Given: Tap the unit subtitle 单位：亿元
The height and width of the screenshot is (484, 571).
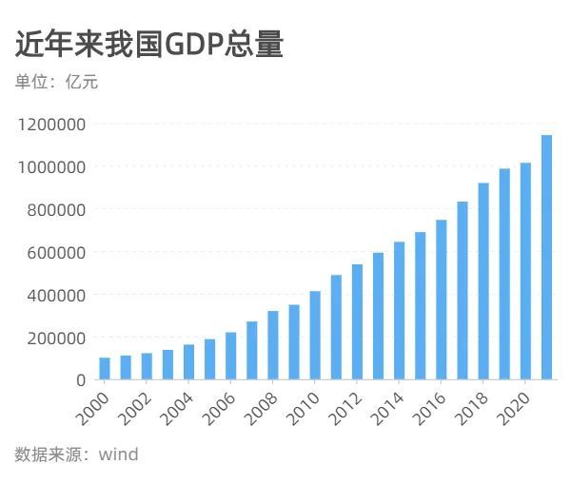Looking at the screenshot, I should [x=56, y=82].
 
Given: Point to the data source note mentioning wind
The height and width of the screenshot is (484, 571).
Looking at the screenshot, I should [x=76, y=455].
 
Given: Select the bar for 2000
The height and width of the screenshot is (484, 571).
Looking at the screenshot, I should [x=105, y=369].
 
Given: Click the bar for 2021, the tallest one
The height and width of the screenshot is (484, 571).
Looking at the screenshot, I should [x=547, y=258].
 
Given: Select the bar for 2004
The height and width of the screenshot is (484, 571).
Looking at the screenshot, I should [x=188, y=362].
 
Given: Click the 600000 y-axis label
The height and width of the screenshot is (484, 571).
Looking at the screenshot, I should [x=56, y=252].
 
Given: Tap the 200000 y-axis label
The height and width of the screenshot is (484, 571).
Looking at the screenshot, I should [x=56, y=338].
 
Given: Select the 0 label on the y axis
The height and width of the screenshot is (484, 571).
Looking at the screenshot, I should [x=81, y=380].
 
